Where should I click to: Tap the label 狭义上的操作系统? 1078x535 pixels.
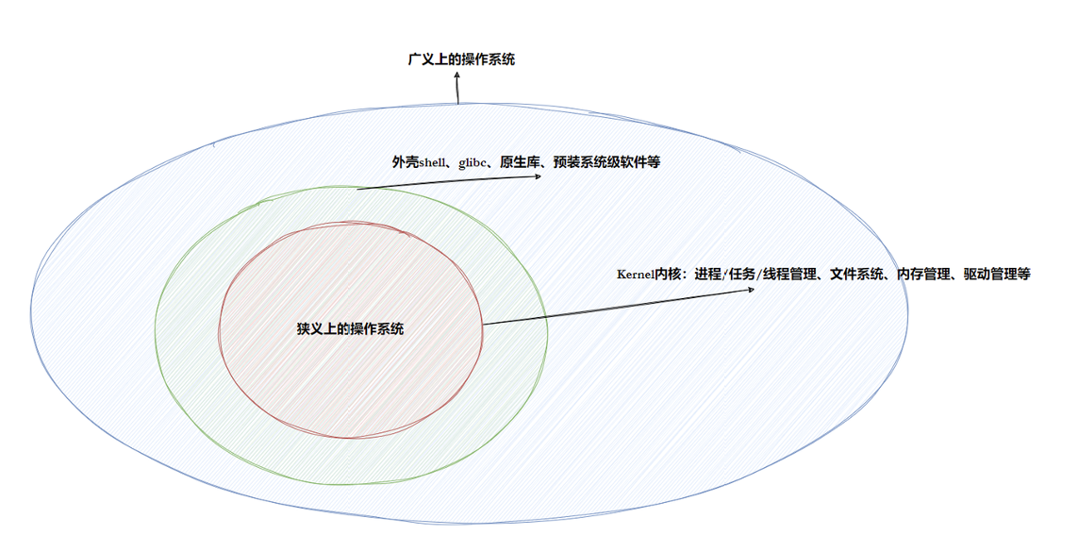point(350,328)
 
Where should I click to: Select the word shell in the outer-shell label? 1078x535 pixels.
point(433,162)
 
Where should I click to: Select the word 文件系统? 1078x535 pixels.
point(857,275)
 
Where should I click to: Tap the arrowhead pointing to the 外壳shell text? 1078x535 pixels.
point(539,176)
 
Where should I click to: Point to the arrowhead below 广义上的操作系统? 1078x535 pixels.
point(457,75)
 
